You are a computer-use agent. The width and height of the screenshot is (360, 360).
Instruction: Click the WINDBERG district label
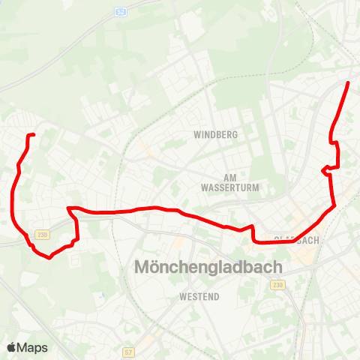215,135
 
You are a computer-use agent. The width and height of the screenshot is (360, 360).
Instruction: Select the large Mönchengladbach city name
208,267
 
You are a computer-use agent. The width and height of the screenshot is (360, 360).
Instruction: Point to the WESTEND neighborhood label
199,297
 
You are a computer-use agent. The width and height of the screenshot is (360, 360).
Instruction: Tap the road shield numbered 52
121,13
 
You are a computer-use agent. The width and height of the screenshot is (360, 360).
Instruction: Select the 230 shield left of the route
41,234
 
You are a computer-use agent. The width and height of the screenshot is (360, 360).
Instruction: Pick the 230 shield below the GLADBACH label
279,285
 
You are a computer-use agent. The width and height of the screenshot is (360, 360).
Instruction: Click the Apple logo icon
11,347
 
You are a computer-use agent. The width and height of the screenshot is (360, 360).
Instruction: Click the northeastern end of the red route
349,82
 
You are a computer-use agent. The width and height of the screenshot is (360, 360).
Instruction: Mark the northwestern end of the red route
34,135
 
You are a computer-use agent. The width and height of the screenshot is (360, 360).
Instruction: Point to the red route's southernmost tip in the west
49,257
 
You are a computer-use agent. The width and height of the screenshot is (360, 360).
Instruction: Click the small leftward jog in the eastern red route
323,171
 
